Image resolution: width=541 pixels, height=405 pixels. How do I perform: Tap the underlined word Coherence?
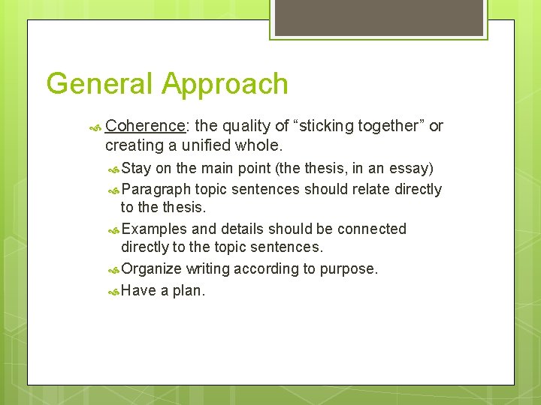pyautogui.click(x=146, y=126)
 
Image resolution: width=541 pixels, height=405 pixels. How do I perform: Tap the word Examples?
pyautogui.click(x=154, y=229)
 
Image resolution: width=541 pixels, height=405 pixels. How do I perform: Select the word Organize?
pyautogui.click(x=151, y=268)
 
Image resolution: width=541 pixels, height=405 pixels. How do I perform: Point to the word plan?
pyautogui.click(x=188, y=290)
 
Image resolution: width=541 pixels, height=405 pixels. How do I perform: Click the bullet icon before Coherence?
pyautogui.click(x=95, y=127)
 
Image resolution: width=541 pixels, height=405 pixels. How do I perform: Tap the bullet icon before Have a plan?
pyautogui.click(x=113, y=291)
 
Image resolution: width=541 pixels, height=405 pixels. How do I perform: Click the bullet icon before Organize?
pyautogui.click(x=113, y=269)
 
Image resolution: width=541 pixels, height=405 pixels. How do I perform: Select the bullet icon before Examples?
pyautogui.click(x=113, y=229)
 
